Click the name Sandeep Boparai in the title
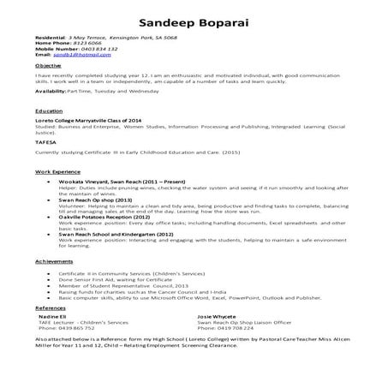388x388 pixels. (x=194, y=21)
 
